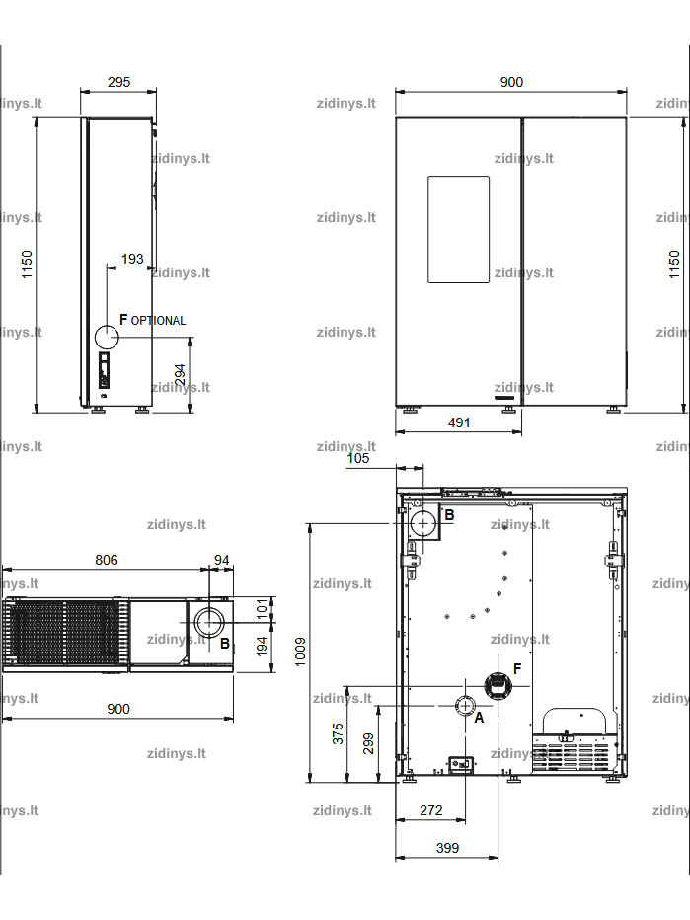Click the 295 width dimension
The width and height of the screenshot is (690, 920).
[118, 82]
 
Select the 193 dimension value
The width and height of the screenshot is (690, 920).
[132, 259]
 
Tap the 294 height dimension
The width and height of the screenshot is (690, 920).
[180, 375]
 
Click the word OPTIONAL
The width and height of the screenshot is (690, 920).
[158, 321]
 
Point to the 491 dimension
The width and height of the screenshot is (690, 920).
[459, 422]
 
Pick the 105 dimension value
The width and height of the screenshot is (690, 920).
[358, 458]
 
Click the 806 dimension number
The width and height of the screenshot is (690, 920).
[107, 560]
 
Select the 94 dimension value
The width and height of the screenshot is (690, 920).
[222, 560]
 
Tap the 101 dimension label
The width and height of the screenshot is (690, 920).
[263, 608]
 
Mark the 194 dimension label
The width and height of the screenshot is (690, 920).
[263, 646]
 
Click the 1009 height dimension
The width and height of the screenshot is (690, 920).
[300, 652]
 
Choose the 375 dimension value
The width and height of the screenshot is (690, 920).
[338, 733]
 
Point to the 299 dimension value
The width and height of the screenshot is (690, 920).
[368, 742]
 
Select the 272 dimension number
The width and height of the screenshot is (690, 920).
[430, 810]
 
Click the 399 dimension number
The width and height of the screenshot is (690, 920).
[447, 848]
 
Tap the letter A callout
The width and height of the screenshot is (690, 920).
[479, 718]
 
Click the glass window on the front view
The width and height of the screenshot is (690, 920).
[458, 229]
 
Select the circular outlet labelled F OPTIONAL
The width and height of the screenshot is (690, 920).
[107, 338]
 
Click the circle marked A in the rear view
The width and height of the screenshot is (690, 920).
[465, 705]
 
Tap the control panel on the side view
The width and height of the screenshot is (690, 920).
[104, 370]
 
